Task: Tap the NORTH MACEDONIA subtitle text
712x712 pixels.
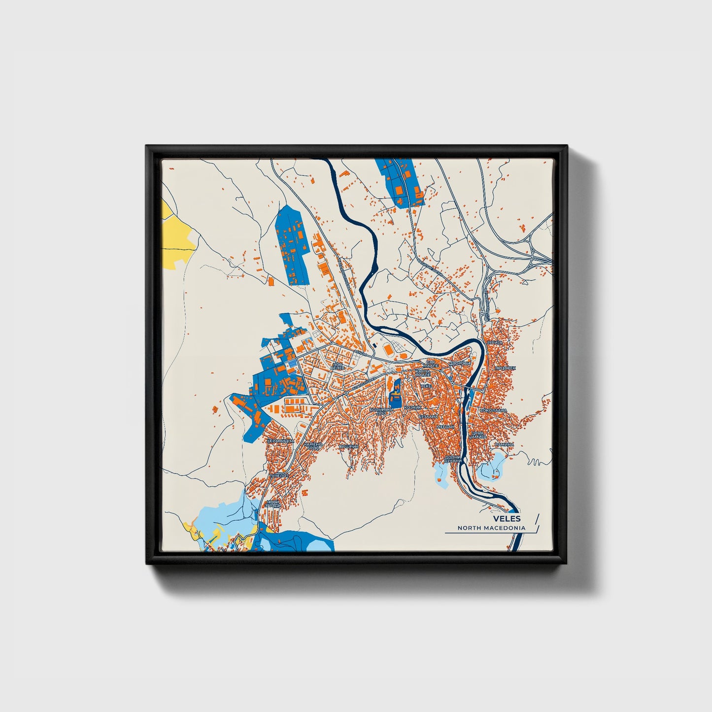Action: click(x=491, y=528)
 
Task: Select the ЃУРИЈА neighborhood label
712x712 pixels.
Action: click(x=494, y=341)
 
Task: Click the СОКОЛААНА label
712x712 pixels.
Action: click(x=494, y=410)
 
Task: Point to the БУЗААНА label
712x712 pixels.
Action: click(x=428, y=416)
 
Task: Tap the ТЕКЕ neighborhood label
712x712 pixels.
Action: click(x=426, y=386)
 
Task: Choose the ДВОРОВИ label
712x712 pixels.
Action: click(x=459, y=364)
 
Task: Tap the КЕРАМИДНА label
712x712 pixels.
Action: click(x=280, y=441)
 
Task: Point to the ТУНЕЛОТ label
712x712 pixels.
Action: click(x=278, y=475)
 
